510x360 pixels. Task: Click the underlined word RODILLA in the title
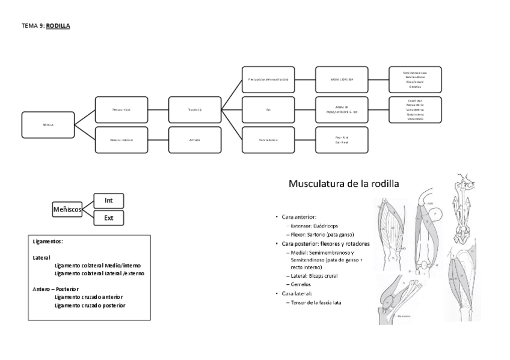click(x=58, y=26)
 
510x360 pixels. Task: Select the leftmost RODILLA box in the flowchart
click(x=48, y=124)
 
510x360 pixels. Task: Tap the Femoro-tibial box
click(x=121, y=109)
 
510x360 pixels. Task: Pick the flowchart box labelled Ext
click(x=268, y=109)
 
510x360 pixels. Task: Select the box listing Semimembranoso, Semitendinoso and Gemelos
click(x=415, y=79)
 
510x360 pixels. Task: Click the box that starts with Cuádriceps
click(x=415, y=109)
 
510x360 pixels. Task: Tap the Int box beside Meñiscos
click(x=109, y=200)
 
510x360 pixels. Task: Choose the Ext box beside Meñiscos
click(x=109, y=218)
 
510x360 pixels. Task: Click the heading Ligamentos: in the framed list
click(x=48, y=242)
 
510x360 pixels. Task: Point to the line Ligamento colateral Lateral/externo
click(x=99, y=273)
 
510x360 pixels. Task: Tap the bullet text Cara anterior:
click(x=299, y=216)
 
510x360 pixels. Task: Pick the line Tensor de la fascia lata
click(x=315, y=302)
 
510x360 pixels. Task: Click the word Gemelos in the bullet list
click(x=299, y=284)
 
